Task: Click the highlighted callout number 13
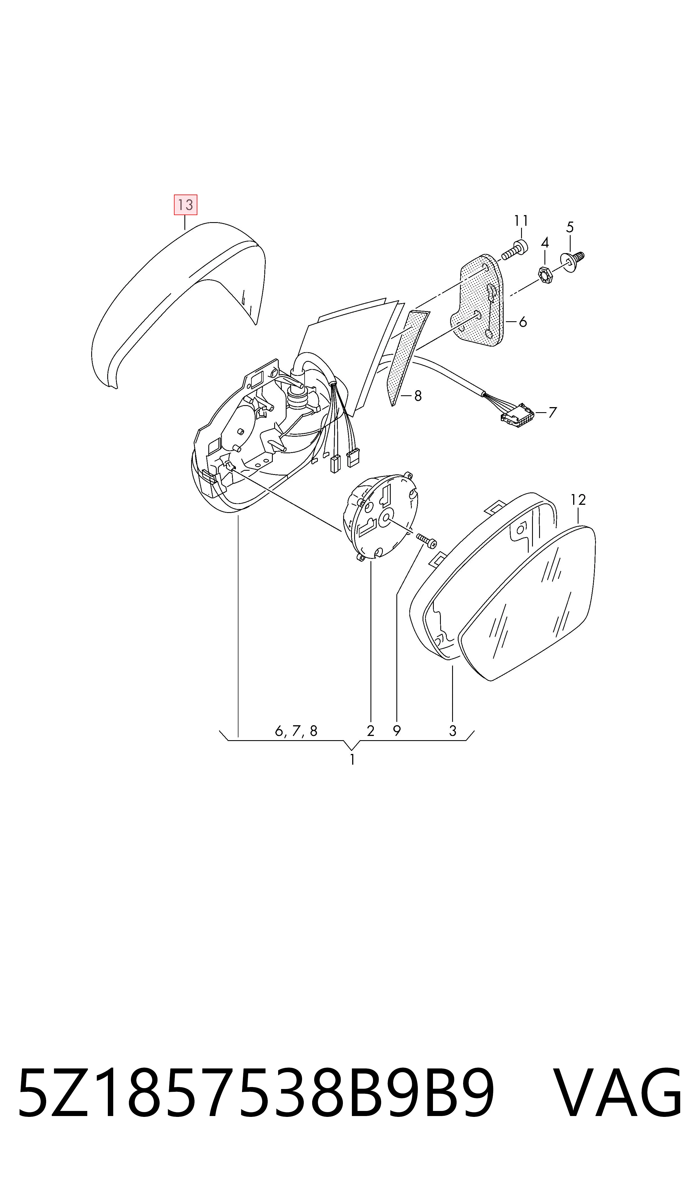tap(186, 205)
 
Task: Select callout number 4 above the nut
tap(545, 243)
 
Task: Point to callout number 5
tap(570, 227)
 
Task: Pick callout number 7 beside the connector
tap(553, 412)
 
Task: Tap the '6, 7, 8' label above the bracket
tap(296, 731)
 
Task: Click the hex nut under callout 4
tap(546, 275)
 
